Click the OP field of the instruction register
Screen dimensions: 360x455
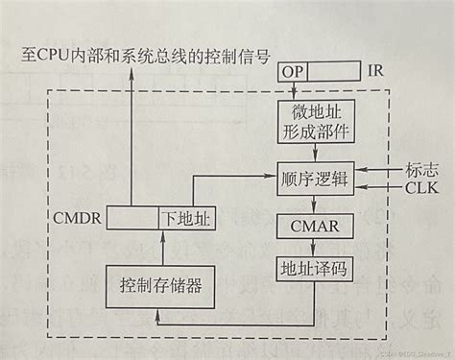(293, 72)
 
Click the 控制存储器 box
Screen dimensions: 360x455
(160, 285)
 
